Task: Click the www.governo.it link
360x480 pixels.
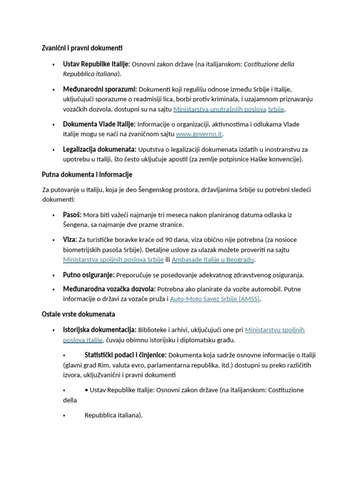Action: [x=199, y=134]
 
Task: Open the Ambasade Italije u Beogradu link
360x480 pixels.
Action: [x=213, y=260]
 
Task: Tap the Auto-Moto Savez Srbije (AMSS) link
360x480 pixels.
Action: [x=214, y=299]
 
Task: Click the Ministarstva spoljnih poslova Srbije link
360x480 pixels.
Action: [x=113, y=260]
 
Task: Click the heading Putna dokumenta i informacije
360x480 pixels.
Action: [x=87, y=174]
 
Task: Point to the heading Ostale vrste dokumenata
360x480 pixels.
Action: [x=78, y=314]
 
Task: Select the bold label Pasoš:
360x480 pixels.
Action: [x=72, y=215]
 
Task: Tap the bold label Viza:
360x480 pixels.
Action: [x=70, y=240]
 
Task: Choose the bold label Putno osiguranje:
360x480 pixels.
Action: [x=89, y=275]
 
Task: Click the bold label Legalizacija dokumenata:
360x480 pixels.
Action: [x=100, y=149]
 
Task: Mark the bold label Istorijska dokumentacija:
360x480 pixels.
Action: [x=100, y=330]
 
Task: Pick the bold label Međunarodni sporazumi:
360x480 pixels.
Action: [x=100, y=89]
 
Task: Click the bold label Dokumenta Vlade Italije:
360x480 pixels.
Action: [x=99, y=124]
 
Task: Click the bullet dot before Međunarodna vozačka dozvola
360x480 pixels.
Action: [x=54, y=289]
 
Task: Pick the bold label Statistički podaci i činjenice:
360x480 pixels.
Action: [x=125, y=355]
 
